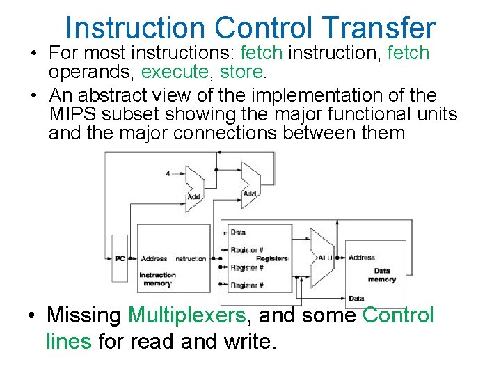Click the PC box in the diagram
coord(120,259)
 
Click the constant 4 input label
coord(167,173)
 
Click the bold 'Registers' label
coord(271,258)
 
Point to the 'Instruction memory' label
coord(157,279)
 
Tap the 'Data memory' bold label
coord(381,275)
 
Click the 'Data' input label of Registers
coord(238,233)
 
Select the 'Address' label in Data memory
coord(362,258)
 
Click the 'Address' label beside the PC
coord(154,259)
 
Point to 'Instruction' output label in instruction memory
coord(190,259)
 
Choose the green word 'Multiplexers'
coord(186,315)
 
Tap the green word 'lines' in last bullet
coord(68,341)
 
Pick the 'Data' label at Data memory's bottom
coord(356,298)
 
